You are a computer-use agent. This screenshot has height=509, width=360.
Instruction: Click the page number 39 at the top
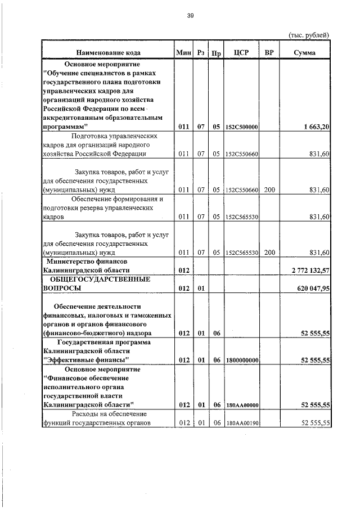pos(190,16)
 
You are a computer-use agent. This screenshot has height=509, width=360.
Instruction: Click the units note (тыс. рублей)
pos(308,35)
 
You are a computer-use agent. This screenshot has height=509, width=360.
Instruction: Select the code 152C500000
pos(241,128)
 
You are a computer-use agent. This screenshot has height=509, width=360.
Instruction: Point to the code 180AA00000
pos(241,404)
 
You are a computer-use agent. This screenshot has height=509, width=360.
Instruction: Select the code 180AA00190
pos(241,423)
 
